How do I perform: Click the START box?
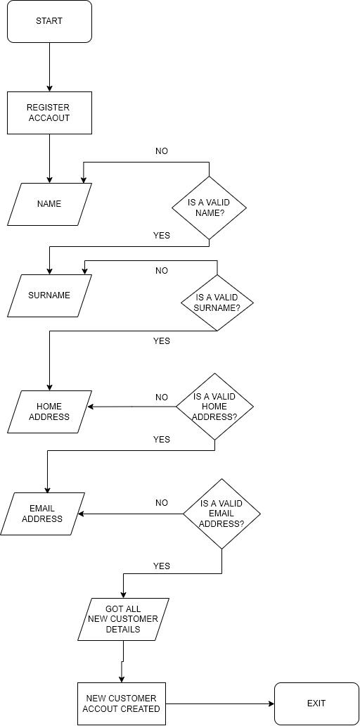point(49,21)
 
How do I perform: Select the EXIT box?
point(316,703)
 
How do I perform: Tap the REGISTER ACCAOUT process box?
point(49,113)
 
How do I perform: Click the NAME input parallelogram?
point(49,204)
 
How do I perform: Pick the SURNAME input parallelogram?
point(49,295)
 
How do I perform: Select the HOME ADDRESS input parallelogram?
point(49,412)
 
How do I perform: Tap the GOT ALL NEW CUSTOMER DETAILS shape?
point(123,619)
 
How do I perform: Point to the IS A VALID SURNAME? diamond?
point(217,302)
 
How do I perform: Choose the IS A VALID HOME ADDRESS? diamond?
point(214,407)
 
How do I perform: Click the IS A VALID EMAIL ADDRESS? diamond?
point(221,514)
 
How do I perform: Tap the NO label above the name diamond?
point(162,151)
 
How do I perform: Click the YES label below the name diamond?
point(162,236)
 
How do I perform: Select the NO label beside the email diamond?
point(162,503)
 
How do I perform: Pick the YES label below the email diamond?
point(162,566)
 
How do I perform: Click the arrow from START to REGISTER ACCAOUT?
point(49,67)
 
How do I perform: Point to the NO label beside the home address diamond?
point(162,397)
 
